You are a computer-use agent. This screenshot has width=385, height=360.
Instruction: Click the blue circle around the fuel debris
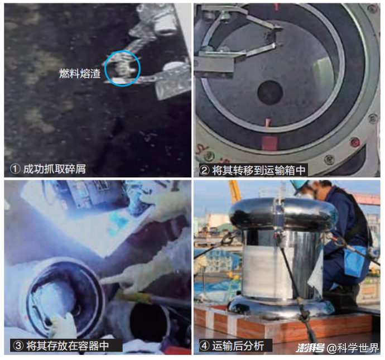coord(105,69)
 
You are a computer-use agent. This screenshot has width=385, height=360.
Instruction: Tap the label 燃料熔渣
coord(80,74)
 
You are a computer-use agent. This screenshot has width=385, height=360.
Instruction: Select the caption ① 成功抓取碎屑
coord(48,169)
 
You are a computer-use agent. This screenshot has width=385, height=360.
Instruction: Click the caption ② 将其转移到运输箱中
coord(253,170)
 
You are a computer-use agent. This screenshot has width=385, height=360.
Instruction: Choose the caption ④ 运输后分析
coord(232,345)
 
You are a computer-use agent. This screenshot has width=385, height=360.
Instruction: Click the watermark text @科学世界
coord(353,348)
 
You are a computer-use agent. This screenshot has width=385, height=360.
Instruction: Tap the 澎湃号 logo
coord(310,348)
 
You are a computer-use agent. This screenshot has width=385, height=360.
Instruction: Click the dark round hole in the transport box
coord(270,93)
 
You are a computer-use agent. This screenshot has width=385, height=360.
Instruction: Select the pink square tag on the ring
coord(269,143)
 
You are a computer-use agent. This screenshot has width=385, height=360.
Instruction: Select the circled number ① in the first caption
coord(15,169)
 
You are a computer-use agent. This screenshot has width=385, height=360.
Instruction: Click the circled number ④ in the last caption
coord(204,345)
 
